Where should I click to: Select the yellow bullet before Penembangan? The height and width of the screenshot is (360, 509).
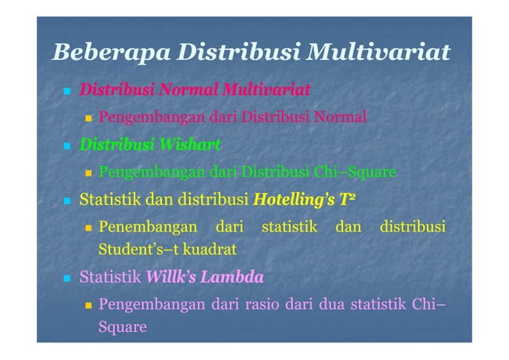[x=90, y=228]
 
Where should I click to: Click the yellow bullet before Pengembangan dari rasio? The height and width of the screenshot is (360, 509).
[x=90, y=306]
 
